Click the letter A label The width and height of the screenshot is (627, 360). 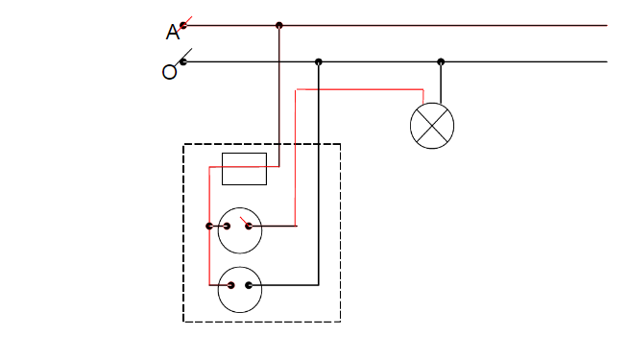coord(172,33)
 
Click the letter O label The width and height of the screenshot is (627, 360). coord(169,72)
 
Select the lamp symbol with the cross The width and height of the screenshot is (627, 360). coord(431,125)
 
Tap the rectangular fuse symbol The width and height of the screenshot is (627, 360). coord(244,168)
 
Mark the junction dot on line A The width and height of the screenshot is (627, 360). coord(279,25)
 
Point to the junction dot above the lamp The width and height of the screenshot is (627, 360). coord(442,61)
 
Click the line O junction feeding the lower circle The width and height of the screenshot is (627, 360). coord(319,61)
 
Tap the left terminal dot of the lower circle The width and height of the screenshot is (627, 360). coord(230,285)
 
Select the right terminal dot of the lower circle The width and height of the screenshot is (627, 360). coord(250,285)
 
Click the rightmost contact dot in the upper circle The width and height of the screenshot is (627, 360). coord(249,227)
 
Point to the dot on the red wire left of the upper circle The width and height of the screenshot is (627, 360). coord(209,227)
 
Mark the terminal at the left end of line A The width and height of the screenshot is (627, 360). coord(182,25)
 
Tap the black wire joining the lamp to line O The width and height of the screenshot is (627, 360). coord(442,83)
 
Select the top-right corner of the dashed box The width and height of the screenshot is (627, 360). coord(341,145)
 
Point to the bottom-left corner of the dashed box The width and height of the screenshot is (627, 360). coord(183,322)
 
